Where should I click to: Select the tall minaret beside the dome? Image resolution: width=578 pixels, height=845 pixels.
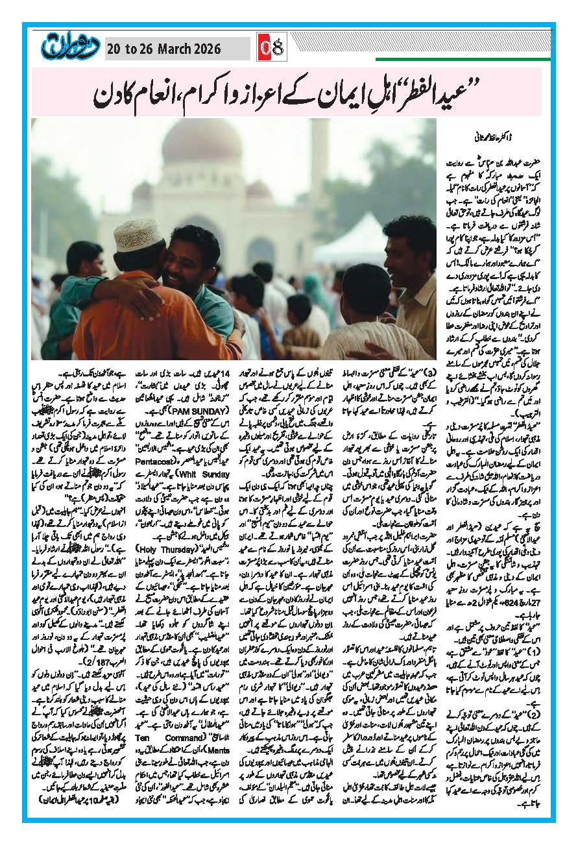click(x=319, y=175)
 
